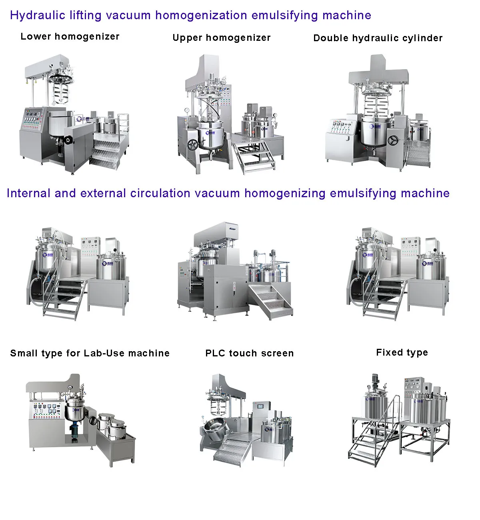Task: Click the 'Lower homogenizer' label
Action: tap(70, 37)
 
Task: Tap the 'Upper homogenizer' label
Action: tap(222, 38)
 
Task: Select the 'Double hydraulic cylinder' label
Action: tap(378, 38)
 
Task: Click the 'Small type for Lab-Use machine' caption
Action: tap(90, 354)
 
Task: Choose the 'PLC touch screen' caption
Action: tap(249, 354)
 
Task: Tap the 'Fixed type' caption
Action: tap(402, 353)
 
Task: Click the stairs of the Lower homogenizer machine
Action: tap(106, 152)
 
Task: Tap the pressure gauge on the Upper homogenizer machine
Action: tap(186, 110)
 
